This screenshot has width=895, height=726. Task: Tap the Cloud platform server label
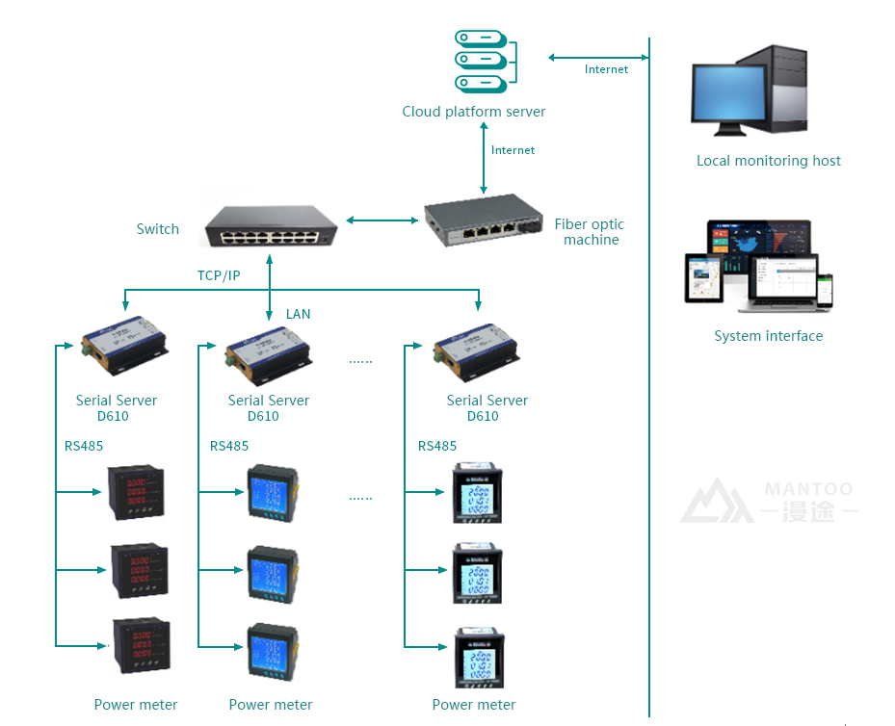pyautogui.click(x=474, y=112)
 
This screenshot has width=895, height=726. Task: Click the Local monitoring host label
pyautogui.click(x=768, y=161)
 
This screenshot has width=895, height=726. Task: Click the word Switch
pyautogui.click(x=158, y=229)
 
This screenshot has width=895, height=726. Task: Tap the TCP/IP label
pyautogui.click(x=219, y=275)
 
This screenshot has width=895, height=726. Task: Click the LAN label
pyautogui.click(x=299, y=314)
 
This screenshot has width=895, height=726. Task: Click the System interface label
pyautogui.click(x=768, y=336)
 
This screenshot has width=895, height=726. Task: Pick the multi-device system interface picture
pyautogui.click(x=758, y=267)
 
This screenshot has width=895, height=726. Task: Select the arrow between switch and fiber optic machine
pyautogui.click(x=382, y=220)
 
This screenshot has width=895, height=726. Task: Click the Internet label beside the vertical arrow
pyautogui.click(x=513, y=150)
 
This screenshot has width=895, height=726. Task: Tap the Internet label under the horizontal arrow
pyautogui.click(x=606, y=69)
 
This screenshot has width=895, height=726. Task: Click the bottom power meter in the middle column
pyautogui.click(x=271, y=655)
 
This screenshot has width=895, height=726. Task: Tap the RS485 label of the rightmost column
pyautogui.click(x=437, y=446)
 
